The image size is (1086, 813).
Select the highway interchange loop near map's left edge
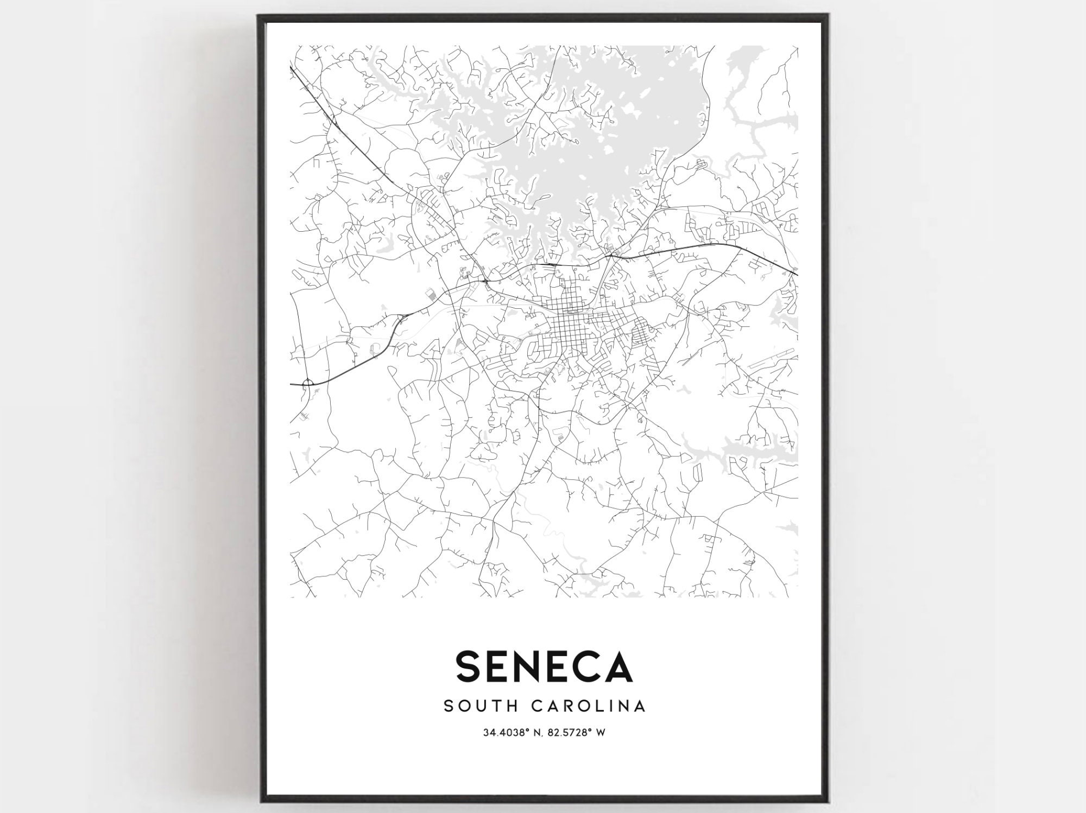(308, 383)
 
